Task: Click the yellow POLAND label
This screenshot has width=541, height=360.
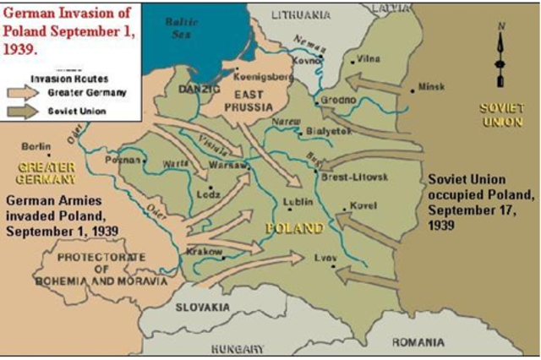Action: pos(293,228)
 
